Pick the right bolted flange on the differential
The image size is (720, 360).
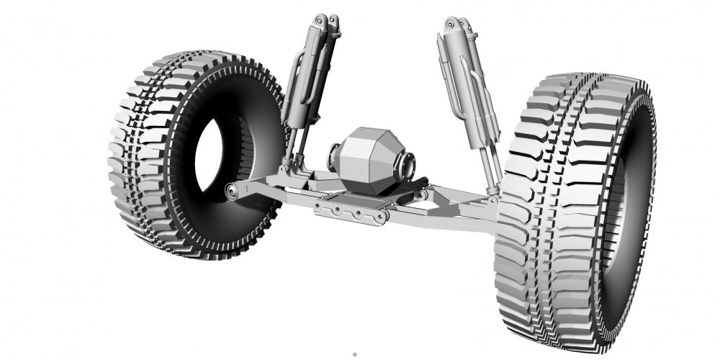(408, 166)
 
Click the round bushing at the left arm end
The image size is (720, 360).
(232, 192)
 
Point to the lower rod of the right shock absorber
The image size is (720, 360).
(492, 169)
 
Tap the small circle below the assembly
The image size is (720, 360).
(354, 354)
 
